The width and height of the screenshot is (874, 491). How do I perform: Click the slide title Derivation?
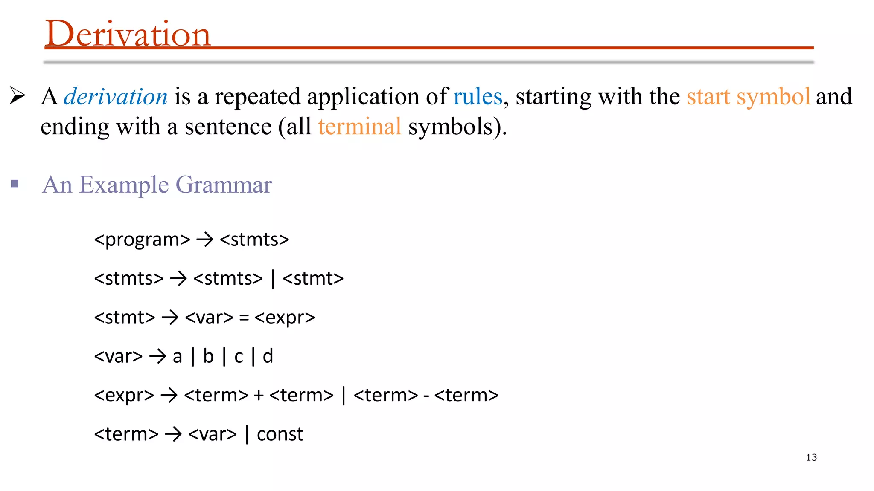pyautogui.click(x=128, y=34)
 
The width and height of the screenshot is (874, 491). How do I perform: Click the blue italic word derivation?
pyautogui.click(x=116, y=96)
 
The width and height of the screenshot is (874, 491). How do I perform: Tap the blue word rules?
pyautogui.click(x=478, y=96)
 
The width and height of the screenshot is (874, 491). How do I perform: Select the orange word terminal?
pyautogui.click(x=359, y=127)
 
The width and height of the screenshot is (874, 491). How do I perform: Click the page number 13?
pyautogui.click(x=811, y=457)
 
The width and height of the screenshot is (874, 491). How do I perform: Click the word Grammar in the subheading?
pyautogui.click(x=224, y=185)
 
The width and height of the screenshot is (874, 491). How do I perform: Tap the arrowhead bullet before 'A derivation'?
pyautogui.click(x=17, y=95)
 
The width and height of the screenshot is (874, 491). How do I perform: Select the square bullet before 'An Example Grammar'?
pyautogui.click(x=15, y=184)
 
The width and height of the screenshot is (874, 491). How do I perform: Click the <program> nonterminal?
pyautogui.click(x=142, y=240)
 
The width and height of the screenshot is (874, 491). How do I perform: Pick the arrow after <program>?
pyautogui.click(x=205, y=240)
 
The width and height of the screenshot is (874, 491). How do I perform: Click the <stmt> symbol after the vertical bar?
pyautogui.click(x=313, y=279)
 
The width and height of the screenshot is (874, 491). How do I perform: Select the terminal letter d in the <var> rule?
pyautogui.click(x=268, y=356)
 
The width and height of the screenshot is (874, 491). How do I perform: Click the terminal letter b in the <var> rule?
pyautogui.click(x=208, y=356)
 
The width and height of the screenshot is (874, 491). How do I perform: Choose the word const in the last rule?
pyautogui.click(x=280, y=434)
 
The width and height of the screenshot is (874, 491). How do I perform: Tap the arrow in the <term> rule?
pyautogui.click(x=173, y=434)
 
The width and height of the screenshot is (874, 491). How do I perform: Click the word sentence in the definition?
pyautogui.click(x=228, y=127)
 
